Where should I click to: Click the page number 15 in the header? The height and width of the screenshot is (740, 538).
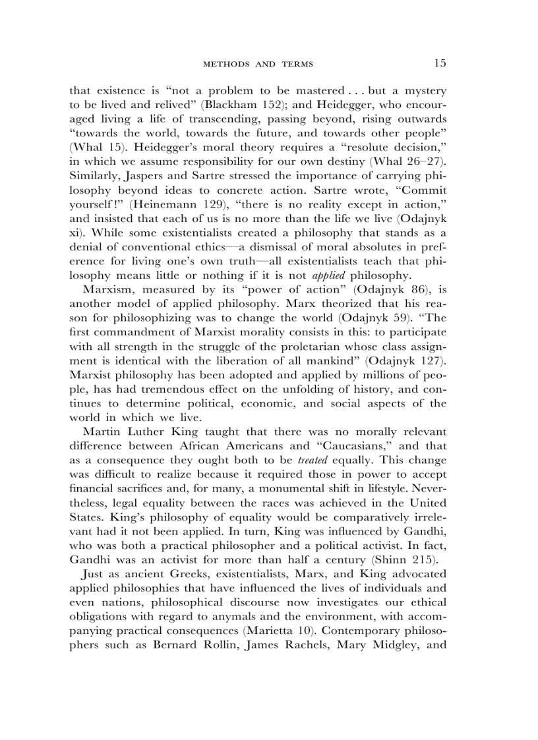click(440, 63)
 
